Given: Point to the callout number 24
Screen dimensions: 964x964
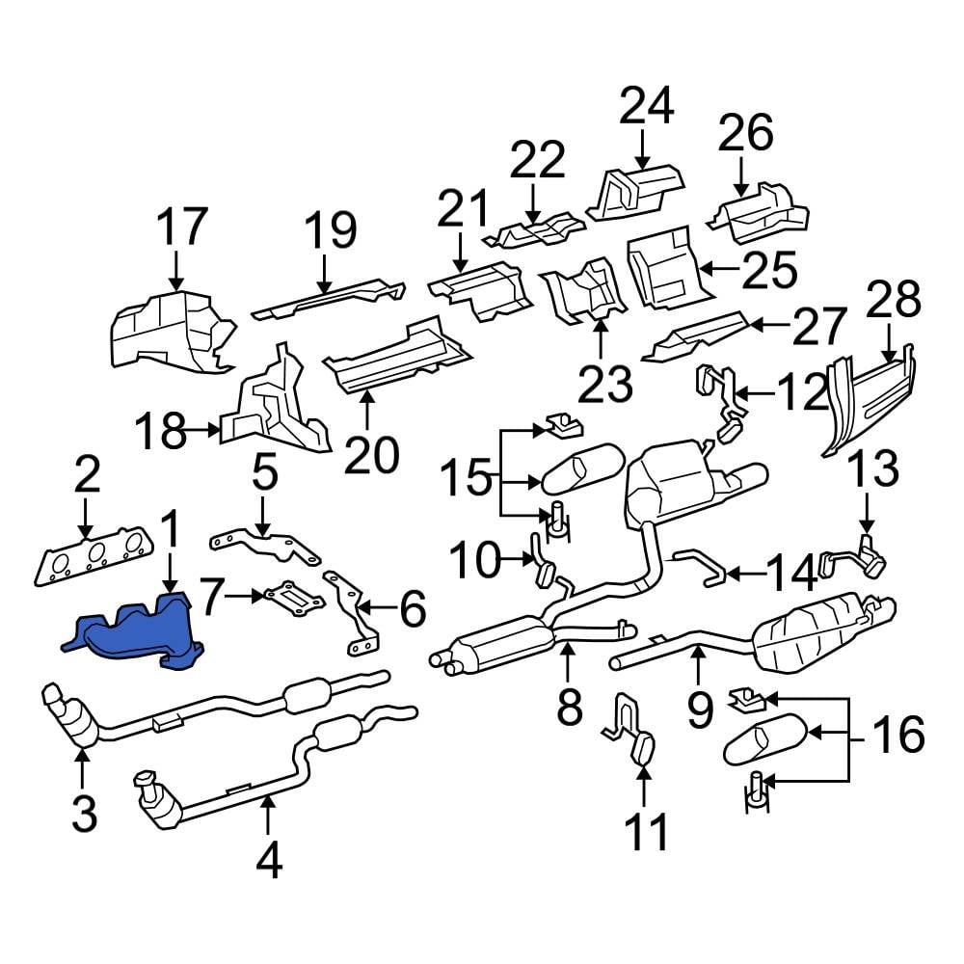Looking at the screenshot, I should click(x=645, y=108).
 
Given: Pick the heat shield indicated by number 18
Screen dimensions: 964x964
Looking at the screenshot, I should click(x=275, y=410).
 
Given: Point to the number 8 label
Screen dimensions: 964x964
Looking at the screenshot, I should click(x=569, y=708).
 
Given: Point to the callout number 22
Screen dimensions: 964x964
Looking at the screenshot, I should click(x=536, y=161).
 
